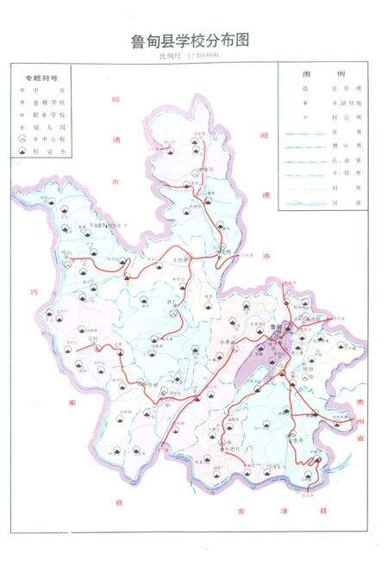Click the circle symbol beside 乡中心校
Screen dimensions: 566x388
click(22, 138)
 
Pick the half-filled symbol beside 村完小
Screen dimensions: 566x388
click(22, 151)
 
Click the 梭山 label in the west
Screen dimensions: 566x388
click(67, 252)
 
